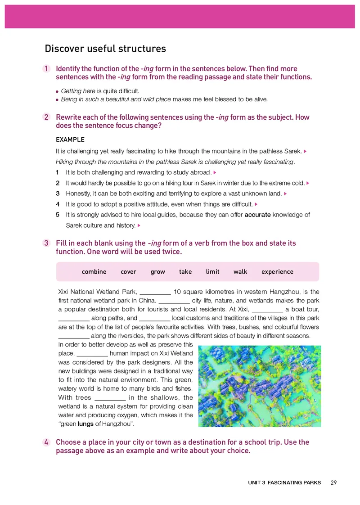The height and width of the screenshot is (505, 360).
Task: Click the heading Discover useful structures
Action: click(105, 49)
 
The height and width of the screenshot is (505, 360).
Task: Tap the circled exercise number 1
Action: click(46, 69)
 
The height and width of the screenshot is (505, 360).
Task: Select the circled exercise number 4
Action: click(46, 442)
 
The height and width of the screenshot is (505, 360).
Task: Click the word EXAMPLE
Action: click(70, 140)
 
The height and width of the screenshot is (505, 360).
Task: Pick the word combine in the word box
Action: click(94, 272)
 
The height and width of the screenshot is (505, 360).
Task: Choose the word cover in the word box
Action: click(128, 272)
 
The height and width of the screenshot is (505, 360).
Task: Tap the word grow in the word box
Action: click(157, 272)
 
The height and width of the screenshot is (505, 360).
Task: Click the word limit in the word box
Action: click(212, 272)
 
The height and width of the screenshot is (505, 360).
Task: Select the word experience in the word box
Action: click(277, 272)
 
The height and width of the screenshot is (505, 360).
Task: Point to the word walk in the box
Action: click(240, 272)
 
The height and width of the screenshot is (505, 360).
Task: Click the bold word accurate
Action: click(257, 215)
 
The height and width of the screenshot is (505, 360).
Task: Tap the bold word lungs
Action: click(86, 424)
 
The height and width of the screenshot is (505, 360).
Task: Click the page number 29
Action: click(333, 482)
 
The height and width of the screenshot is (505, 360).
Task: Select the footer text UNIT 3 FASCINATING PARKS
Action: click(284, 482)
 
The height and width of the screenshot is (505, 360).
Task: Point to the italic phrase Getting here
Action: click(78, 91)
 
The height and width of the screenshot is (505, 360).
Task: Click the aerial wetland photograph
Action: click(259, 386)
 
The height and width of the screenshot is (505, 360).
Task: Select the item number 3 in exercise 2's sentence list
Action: click(58, 194)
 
